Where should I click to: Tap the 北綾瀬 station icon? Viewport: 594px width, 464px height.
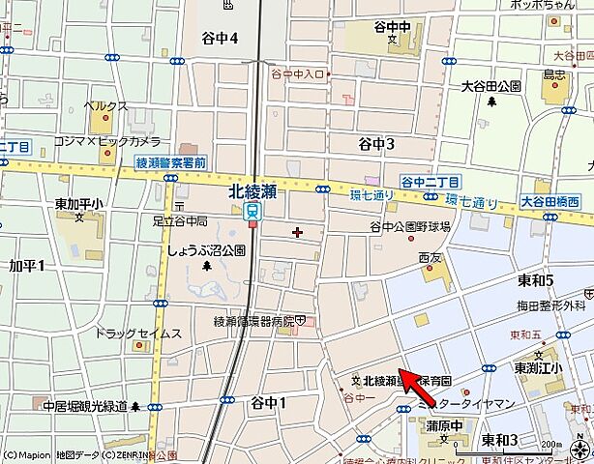[x=252, y=210]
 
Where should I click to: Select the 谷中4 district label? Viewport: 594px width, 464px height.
[x=221, y=38]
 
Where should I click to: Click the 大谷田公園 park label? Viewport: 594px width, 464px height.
[x=492, y=86]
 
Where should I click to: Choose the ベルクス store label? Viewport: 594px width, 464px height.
[x=104, y=104]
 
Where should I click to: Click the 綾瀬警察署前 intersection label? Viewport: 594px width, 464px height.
[x=170, y=163]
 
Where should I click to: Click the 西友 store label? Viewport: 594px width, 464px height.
[x=430, y=258]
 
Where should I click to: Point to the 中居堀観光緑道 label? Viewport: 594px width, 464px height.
[x=83, y=406]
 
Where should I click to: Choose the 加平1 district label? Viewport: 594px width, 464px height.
[x=27, y=264]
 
